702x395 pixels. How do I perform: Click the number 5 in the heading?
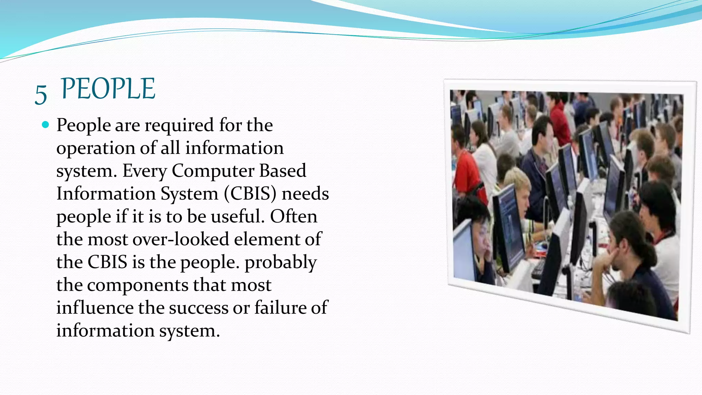(x=41, y=94)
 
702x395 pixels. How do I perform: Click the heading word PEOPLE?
(x=108, y=89)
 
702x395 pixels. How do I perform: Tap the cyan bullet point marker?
(x=45, y=124)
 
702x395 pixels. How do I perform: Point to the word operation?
(x=96, y=148)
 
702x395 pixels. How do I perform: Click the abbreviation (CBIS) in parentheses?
(x=250, y=194)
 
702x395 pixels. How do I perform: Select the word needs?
(x=305, y=194)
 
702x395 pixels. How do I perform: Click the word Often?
(x=293, y=216)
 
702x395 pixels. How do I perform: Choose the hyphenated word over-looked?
(x=181, y=239)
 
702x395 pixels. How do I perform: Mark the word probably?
(x=280, y=263)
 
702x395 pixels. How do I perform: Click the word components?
(x=137, y=285)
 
